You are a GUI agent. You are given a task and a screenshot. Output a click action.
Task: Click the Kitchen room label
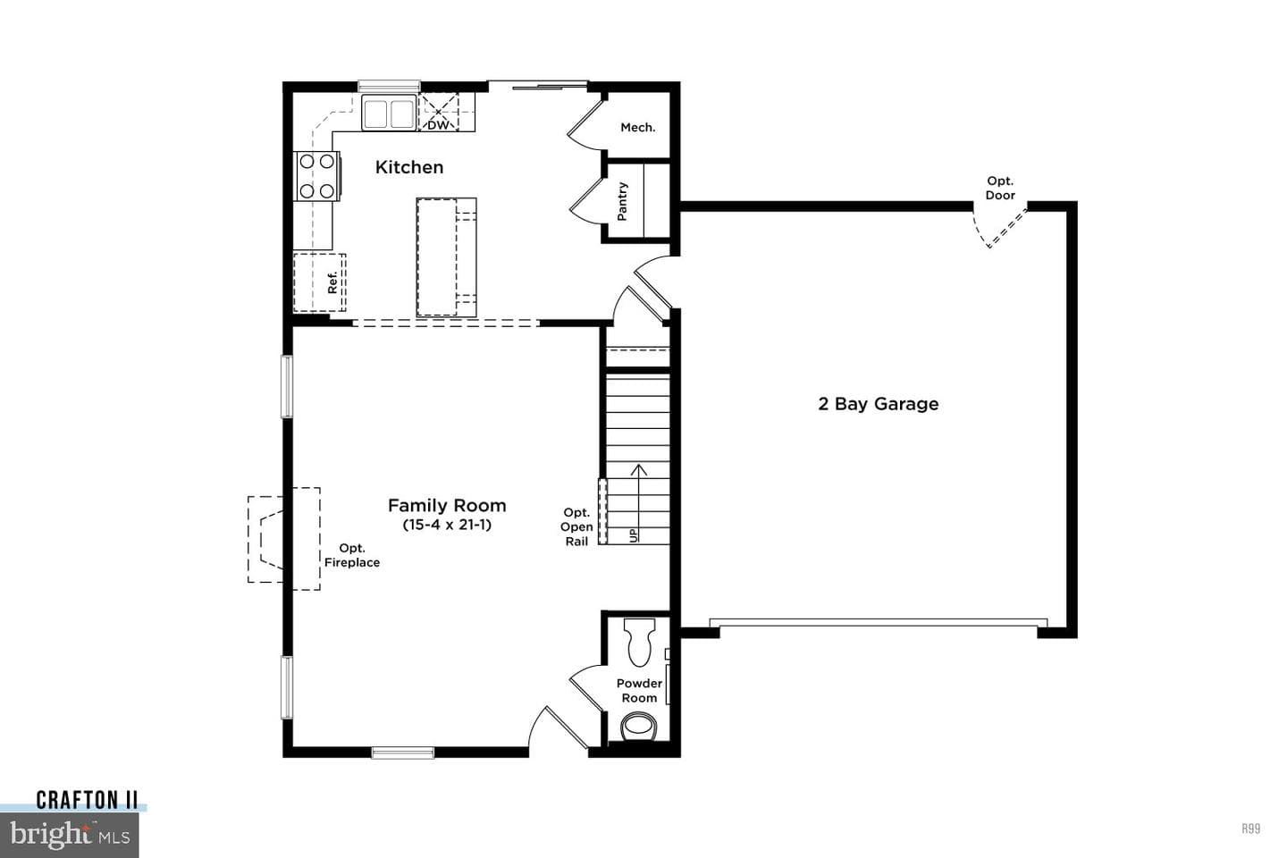409,167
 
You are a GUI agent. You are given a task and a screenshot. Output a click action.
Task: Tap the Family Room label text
447,506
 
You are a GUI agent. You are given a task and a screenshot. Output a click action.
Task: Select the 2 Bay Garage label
879,404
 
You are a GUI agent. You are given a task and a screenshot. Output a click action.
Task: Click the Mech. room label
638,128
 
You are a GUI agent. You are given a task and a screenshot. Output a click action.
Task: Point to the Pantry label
622,202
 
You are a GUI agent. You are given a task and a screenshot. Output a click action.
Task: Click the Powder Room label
640,691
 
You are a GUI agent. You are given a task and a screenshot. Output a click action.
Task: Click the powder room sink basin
638,727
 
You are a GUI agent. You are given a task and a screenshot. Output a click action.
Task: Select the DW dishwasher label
438,125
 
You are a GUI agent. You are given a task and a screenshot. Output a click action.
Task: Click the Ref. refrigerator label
332,282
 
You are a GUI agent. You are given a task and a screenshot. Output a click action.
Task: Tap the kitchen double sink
389,113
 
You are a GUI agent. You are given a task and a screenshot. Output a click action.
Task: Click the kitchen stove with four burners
316,176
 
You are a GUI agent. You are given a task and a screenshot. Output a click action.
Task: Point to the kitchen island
447,257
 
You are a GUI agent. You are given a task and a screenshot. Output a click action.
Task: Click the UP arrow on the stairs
638,503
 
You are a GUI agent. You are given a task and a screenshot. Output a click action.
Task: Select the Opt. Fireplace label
352,555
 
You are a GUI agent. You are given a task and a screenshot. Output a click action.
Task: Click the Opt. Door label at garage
1000,188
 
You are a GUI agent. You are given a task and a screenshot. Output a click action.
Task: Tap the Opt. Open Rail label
576,527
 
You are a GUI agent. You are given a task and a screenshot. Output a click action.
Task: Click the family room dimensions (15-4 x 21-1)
447,525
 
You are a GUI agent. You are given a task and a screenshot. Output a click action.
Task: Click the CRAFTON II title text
87,800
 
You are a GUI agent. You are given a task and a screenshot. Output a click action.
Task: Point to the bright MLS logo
70,835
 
